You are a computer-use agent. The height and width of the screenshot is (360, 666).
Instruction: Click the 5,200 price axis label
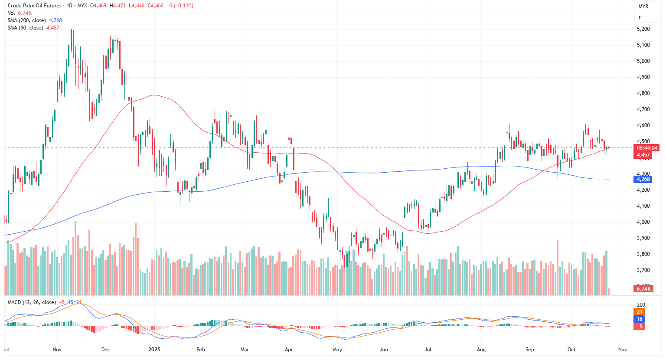[643, 29]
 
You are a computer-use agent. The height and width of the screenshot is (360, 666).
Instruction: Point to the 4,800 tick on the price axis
[643, 93]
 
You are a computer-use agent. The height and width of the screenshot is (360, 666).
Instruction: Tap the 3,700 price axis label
[643, 270]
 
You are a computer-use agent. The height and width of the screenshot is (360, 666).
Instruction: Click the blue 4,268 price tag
[643, 179]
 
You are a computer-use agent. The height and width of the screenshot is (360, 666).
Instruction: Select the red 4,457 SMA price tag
[643, 155]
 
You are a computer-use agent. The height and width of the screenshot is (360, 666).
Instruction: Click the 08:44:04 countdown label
[647, 148]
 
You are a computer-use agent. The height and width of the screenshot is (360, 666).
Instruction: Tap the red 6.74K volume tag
[643, 289]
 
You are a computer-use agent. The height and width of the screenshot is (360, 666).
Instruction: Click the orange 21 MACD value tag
[640, 312]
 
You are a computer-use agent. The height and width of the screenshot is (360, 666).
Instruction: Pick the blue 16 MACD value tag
[640, 319]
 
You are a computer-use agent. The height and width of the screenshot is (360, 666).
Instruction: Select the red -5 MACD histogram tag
[640, 326]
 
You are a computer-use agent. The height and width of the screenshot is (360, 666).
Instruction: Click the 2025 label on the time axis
[154, 350]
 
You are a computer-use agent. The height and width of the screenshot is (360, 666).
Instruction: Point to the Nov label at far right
[622, 350]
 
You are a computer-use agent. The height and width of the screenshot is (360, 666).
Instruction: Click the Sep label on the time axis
[529, 350]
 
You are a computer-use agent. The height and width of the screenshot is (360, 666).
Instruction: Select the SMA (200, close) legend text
[26, 20]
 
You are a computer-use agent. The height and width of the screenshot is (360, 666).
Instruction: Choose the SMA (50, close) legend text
[25, 28]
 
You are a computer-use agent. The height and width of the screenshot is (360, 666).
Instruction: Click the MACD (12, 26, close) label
[32, 302]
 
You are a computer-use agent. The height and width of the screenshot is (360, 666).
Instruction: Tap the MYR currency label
[643, 7]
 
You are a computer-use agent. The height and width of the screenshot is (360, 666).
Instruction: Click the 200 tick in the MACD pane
[641, 305]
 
